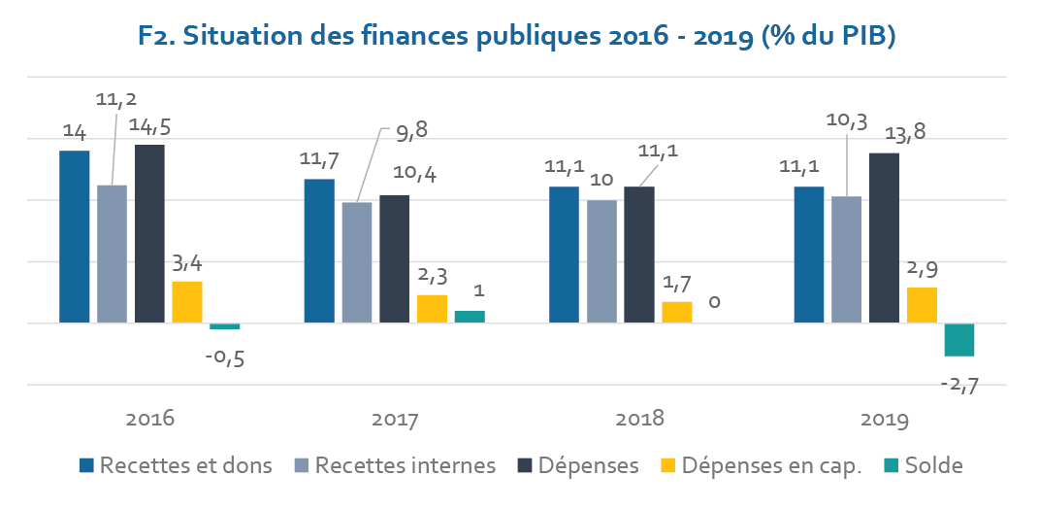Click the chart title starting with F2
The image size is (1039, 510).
515,37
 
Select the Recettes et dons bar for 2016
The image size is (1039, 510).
75,236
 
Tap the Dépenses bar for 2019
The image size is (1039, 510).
884,237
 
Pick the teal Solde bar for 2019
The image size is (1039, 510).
959,340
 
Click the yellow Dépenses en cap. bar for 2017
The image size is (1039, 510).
432,309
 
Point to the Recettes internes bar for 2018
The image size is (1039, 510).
601,261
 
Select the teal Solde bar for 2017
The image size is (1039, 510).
470,317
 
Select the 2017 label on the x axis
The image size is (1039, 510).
395,420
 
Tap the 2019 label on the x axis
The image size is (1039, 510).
884,420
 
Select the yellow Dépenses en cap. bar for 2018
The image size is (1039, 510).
677,312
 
